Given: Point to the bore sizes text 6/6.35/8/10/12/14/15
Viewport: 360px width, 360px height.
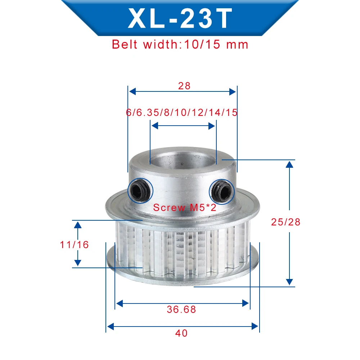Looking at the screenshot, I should click(x=182, y=112).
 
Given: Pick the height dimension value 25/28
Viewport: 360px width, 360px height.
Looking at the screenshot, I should click(x=285, y=222).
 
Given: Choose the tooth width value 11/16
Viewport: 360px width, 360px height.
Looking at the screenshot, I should click(x=74, y=244).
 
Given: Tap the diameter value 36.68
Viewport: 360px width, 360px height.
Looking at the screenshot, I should click(x=182, y=309).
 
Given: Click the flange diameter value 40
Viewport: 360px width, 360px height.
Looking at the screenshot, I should click(x=182, y=333).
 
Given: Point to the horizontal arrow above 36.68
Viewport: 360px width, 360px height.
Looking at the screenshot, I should click(x=182, y=303).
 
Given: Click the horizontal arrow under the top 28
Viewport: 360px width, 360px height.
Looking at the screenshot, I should click(x=183, y=91).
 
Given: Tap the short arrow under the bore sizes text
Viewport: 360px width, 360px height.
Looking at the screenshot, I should click(x=183, y=126).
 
